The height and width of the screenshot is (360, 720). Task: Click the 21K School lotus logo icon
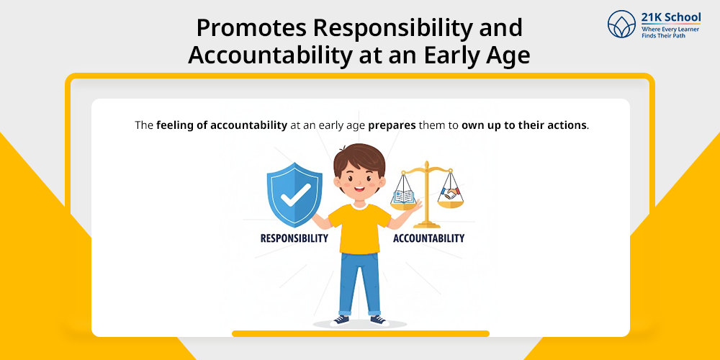pyautogui.click(x=622, y=24)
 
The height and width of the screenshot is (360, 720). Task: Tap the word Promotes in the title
pyautogui.click(x=251, y=29)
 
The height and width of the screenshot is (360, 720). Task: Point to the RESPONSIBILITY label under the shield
pyautogui.click(x=294, y=238)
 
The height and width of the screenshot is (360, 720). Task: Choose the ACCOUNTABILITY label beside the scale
pyautogui.click(x=428, y=238)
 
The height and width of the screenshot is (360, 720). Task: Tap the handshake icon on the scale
pyautogui.click(x=450, y=193)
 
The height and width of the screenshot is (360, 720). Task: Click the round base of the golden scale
pyautogui.click(x=426, y=224)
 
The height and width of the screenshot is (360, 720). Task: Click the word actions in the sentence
pyautogui.click(x=570, y=125)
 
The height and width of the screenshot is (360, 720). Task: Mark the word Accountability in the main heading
pyautogui.click(x=264, y=55)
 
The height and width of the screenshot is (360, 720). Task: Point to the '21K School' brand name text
pyautogui.click(x=671, y=17)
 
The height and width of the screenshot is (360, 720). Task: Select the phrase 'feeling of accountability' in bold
pyautogui.click(x=222, y=125)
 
